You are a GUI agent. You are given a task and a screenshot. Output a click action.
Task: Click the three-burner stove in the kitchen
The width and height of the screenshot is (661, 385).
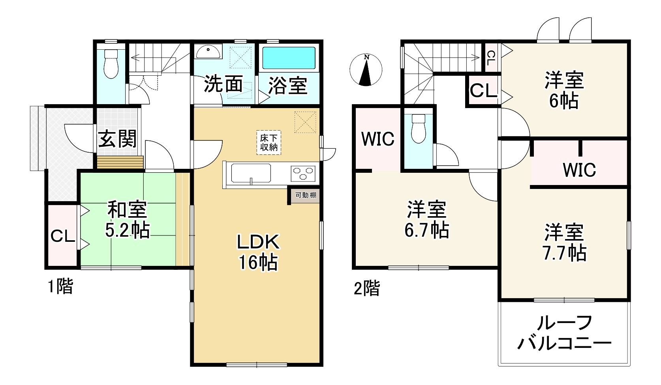(x=303, y=173)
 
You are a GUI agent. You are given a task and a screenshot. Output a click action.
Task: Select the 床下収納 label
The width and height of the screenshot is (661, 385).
(x=269, y=142)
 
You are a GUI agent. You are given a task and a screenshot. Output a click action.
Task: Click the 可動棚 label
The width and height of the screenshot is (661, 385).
(x=306, y=195)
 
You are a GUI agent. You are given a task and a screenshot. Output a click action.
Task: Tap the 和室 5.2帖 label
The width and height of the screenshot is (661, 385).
(x=127, y=219)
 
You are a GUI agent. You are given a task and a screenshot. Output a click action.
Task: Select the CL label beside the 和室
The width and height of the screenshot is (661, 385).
(x=63, y=237)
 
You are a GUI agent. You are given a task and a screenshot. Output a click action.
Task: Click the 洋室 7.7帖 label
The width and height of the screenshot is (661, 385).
(x=564, y=243)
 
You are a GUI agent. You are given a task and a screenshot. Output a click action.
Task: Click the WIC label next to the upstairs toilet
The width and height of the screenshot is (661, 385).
(x=378, y=139)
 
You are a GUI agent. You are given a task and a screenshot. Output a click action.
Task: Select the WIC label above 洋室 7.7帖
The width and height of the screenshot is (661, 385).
(x=579, y=170)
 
